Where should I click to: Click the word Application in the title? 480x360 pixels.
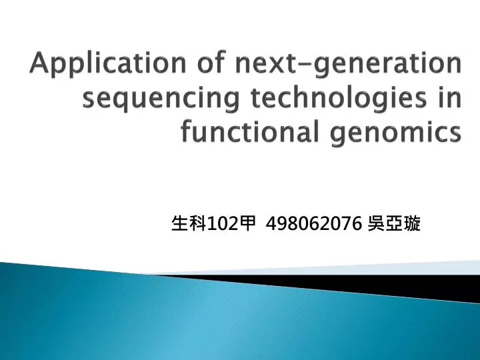pyautogui.click(x=109, y=66)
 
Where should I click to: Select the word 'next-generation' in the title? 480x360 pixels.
pyautogui.click(x=347, y=66)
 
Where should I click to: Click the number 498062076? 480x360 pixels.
pyautogui.click(x=313, y=225)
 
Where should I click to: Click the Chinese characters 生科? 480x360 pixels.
pyautogui.click(x=189, y=225)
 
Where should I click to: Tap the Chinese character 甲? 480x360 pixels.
pyautogui.click(x=248, y=225)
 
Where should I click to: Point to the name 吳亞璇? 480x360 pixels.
pyautogui.click(x=394, y=225)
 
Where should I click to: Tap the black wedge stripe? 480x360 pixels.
pyautogui.click(x=373, y=283)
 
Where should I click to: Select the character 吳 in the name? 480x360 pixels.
pyautogui.click(x=376, y=225)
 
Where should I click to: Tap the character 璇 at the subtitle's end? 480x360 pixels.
pyautogui.click(x=412, y=225)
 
